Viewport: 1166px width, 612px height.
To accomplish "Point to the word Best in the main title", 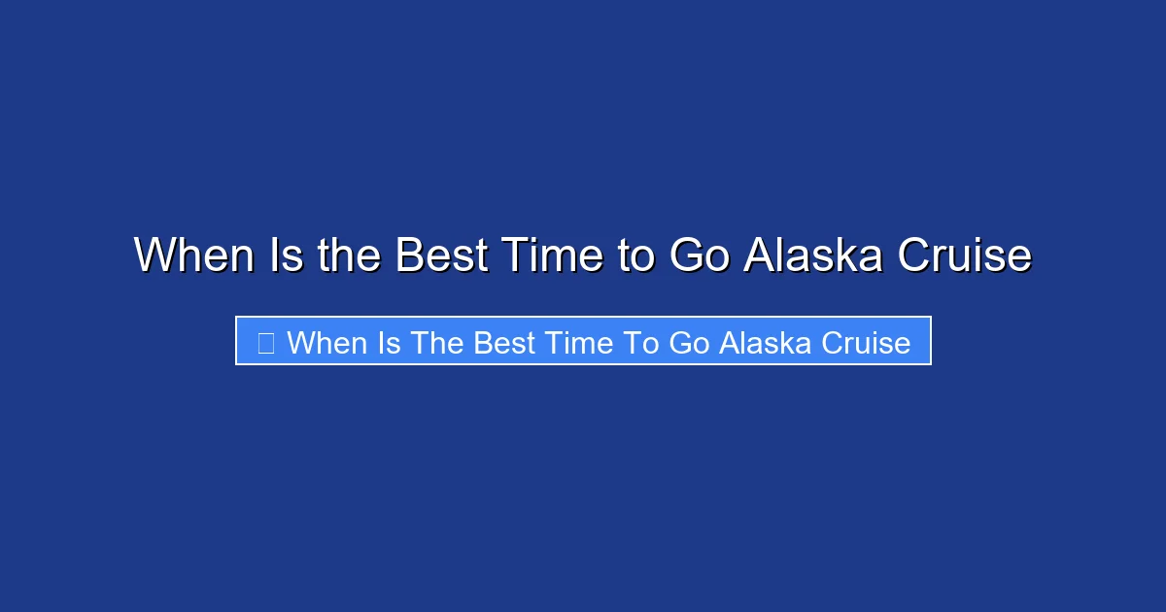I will point(441,255).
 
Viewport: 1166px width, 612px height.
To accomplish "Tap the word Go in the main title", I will point(698,255).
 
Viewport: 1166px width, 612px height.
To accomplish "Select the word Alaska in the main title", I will point(814,255).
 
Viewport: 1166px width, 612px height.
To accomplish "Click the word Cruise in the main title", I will point(963,255).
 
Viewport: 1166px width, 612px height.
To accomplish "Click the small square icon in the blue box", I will point(265,342).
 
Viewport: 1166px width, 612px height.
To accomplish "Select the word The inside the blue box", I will point(436,342).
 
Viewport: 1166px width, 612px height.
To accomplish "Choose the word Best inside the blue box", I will point(502,342).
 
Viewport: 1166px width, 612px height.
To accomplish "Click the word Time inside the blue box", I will point(577,342).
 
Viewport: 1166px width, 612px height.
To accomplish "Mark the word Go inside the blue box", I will point(689,342).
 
